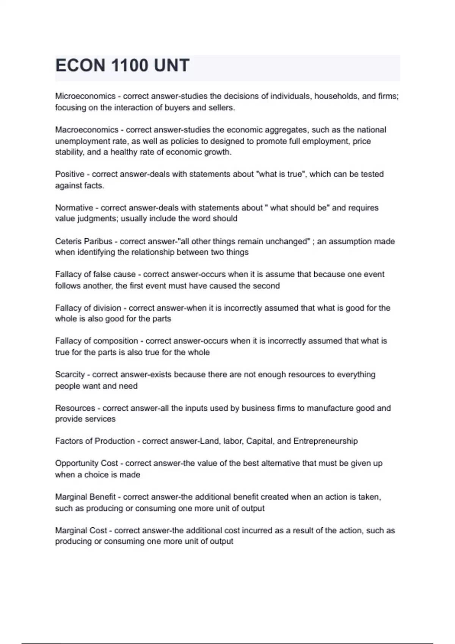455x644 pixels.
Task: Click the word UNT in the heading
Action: (171, 66)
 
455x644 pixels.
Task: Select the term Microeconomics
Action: (85, 96)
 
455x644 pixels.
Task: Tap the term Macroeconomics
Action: (86, 130)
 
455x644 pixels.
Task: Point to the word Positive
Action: (70, 174)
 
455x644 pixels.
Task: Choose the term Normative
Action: (74, 208)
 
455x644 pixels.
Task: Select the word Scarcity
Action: (70, 375)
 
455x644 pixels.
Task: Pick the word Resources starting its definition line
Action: (75, 408)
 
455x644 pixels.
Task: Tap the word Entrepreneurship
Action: (325, 441)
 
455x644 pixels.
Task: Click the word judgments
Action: (96, 219)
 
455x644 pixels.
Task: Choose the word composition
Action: (115, 341)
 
